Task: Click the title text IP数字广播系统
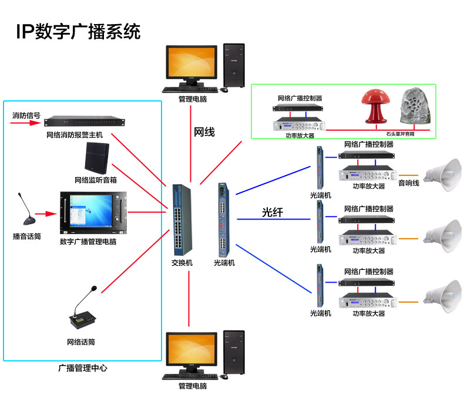[78, 31]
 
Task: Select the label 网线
[204, 132]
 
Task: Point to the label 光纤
[273, 212]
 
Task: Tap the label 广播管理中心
[83, 368]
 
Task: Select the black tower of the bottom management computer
[234, 355]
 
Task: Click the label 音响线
[408, 183]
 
